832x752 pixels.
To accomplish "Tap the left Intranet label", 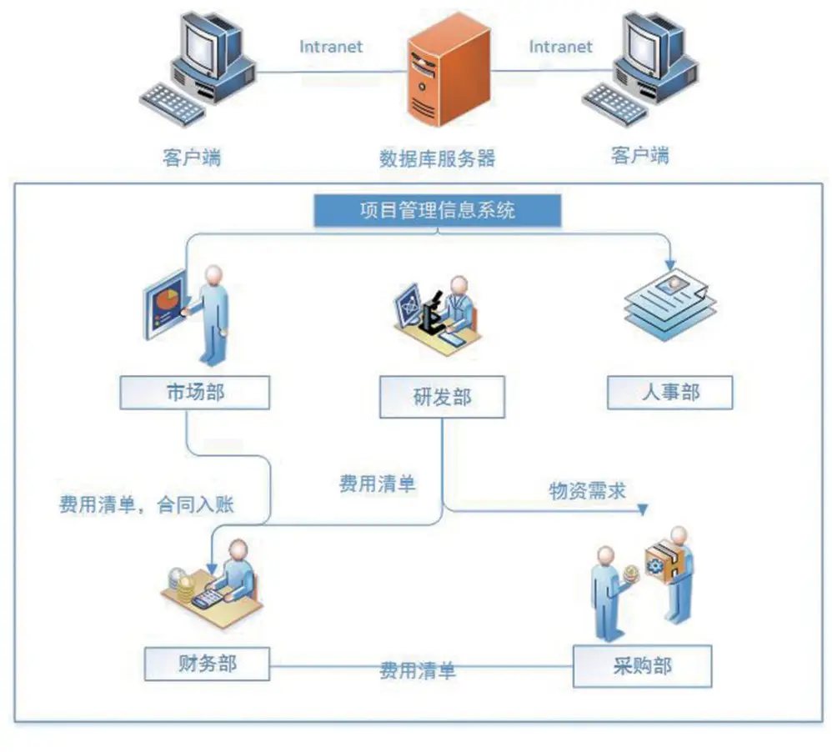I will tap(331, 47).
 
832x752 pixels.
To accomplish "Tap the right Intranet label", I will tap(560, 47).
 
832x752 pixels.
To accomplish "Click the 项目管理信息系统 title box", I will tap(438, 210).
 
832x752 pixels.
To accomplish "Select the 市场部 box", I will tap(195, 392).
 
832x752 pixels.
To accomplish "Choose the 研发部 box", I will tap(442, 397).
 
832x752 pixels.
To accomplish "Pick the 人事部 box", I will tap(669, 393).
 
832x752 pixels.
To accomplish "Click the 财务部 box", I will tap(207, 664).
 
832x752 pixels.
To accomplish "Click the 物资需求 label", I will tap(587, 491).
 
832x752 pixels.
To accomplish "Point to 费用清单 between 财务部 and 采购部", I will tap(418, 670).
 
